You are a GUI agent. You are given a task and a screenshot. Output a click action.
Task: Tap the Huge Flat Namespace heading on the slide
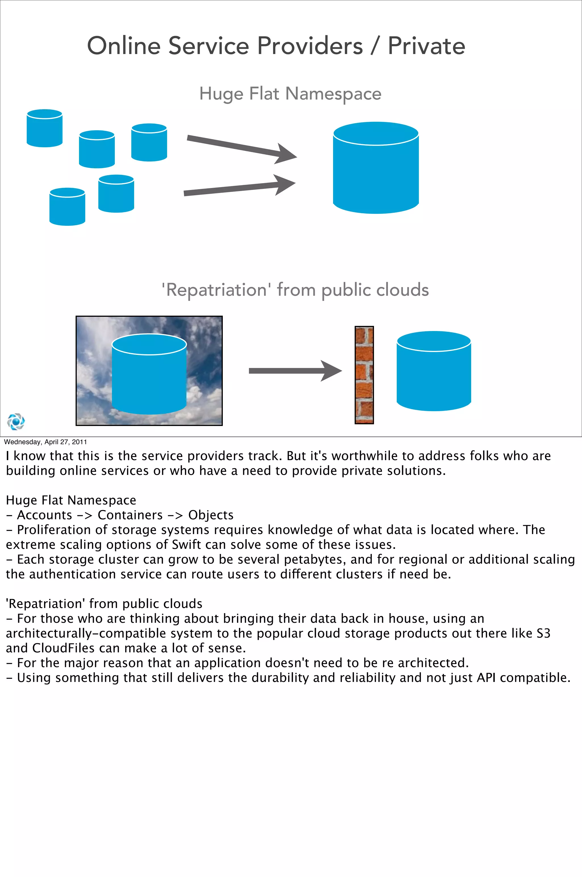(x=290, y=94)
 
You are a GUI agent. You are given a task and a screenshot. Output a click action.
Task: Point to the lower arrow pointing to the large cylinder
(x=239, y=188)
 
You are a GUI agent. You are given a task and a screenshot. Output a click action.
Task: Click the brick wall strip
(x=364, y=375)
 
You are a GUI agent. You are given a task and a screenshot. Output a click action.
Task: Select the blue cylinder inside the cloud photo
(x=149, y=375)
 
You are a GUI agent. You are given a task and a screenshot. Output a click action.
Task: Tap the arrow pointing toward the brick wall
(x=295, y=371)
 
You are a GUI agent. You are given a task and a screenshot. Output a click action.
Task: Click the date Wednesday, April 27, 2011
(x=45, y=442)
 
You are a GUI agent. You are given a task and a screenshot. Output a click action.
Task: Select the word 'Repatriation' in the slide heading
(x=216, y=290)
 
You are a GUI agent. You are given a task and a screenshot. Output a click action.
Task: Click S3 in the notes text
(x=543, y=633)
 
